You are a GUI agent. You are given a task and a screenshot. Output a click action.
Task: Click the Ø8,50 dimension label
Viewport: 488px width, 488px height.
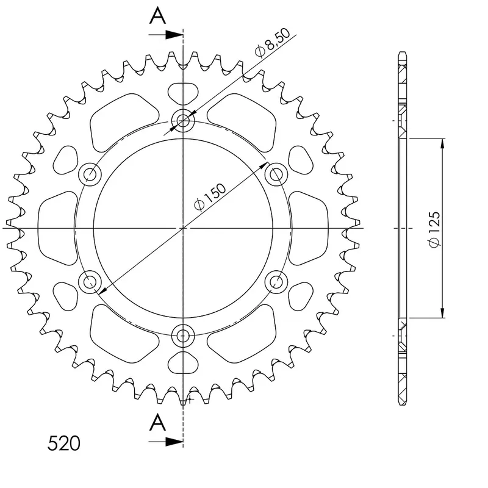(x=272, y=42)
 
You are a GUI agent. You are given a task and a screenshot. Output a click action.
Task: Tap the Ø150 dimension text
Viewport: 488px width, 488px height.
(x=209, y=197)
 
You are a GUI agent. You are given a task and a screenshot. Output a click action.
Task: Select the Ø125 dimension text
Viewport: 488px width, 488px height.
(x=434, y=229)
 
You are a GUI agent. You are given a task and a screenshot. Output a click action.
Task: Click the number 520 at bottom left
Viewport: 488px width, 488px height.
(x=64, y=443)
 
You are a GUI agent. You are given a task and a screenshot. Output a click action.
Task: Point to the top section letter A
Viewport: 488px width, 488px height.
(x=158, y=16)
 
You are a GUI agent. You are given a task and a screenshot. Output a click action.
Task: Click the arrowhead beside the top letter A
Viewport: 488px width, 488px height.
(x=174, y=35)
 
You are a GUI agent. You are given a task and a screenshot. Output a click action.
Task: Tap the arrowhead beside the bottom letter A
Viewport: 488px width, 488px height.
(x=174, y=441)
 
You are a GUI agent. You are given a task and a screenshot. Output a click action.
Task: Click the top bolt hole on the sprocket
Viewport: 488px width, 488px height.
(x=183, y=120)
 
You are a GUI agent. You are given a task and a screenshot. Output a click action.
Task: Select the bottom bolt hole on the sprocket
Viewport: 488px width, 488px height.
(x=183, y=336)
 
